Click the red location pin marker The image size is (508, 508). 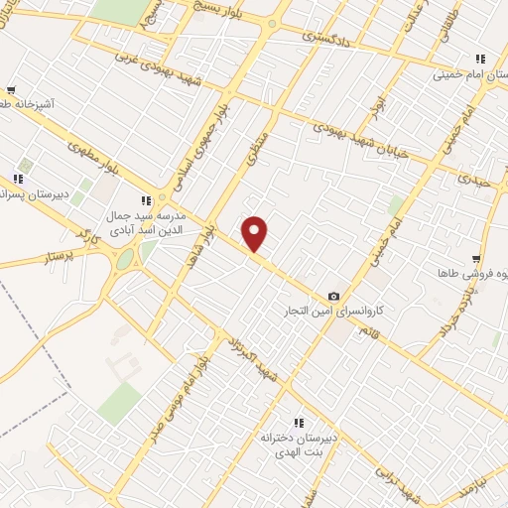click(255, 234)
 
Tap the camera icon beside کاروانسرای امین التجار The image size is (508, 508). click(333, 296)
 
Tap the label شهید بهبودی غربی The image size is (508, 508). click(170, 59)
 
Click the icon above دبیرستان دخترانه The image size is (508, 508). click(298, 424)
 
